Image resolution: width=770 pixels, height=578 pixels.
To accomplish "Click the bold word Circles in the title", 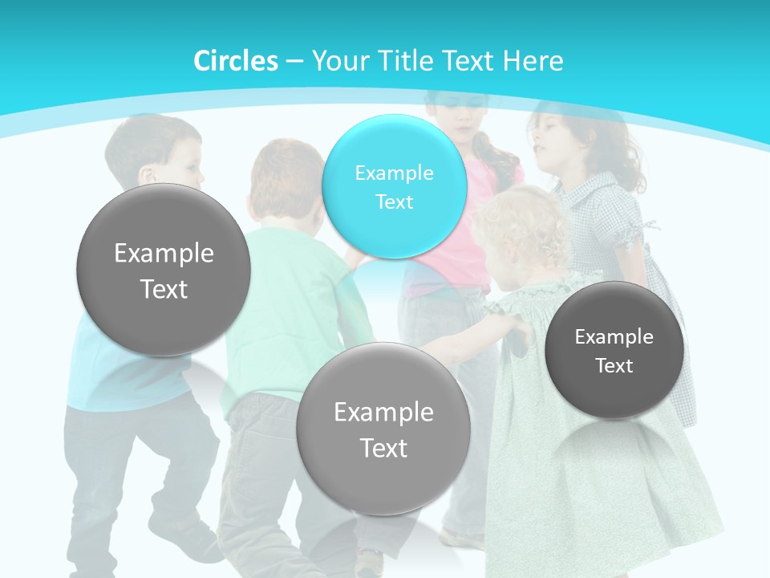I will (x=235, y=61).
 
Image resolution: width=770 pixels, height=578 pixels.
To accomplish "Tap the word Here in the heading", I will (x=533, y=61).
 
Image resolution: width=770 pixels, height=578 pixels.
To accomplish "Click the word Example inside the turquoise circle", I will (x=395, y=173).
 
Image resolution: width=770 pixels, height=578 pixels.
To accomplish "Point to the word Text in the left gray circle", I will (x=164, y=289).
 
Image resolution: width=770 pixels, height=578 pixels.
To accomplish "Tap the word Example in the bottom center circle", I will (x=383, y=413).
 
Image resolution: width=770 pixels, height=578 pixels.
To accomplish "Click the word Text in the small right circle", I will (x=614, y=366).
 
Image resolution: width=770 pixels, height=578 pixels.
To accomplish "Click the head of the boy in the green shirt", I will (x=281, y=181).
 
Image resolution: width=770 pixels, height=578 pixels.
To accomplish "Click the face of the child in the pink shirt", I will (x=459, y=117).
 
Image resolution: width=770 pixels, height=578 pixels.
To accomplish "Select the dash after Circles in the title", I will (x=294, y=61).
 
